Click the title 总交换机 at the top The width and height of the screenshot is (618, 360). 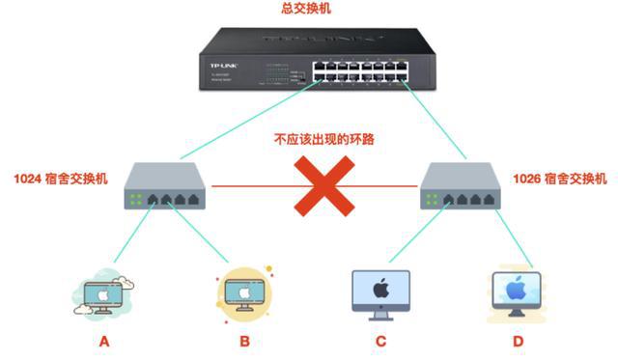[x=309, y=9]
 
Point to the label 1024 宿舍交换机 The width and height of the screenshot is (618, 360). [x=61, y=179]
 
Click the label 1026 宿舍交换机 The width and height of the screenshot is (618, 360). [x=560, y=179]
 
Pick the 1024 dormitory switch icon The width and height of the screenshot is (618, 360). [x=166, y=191]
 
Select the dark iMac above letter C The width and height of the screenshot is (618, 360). [x=380, y=293]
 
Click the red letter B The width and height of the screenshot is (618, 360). [x=243, y=341]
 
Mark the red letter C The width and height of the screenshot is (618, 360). [x=380, y=341]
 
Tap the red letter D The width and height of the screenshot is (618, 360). [x=520, y=341]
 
